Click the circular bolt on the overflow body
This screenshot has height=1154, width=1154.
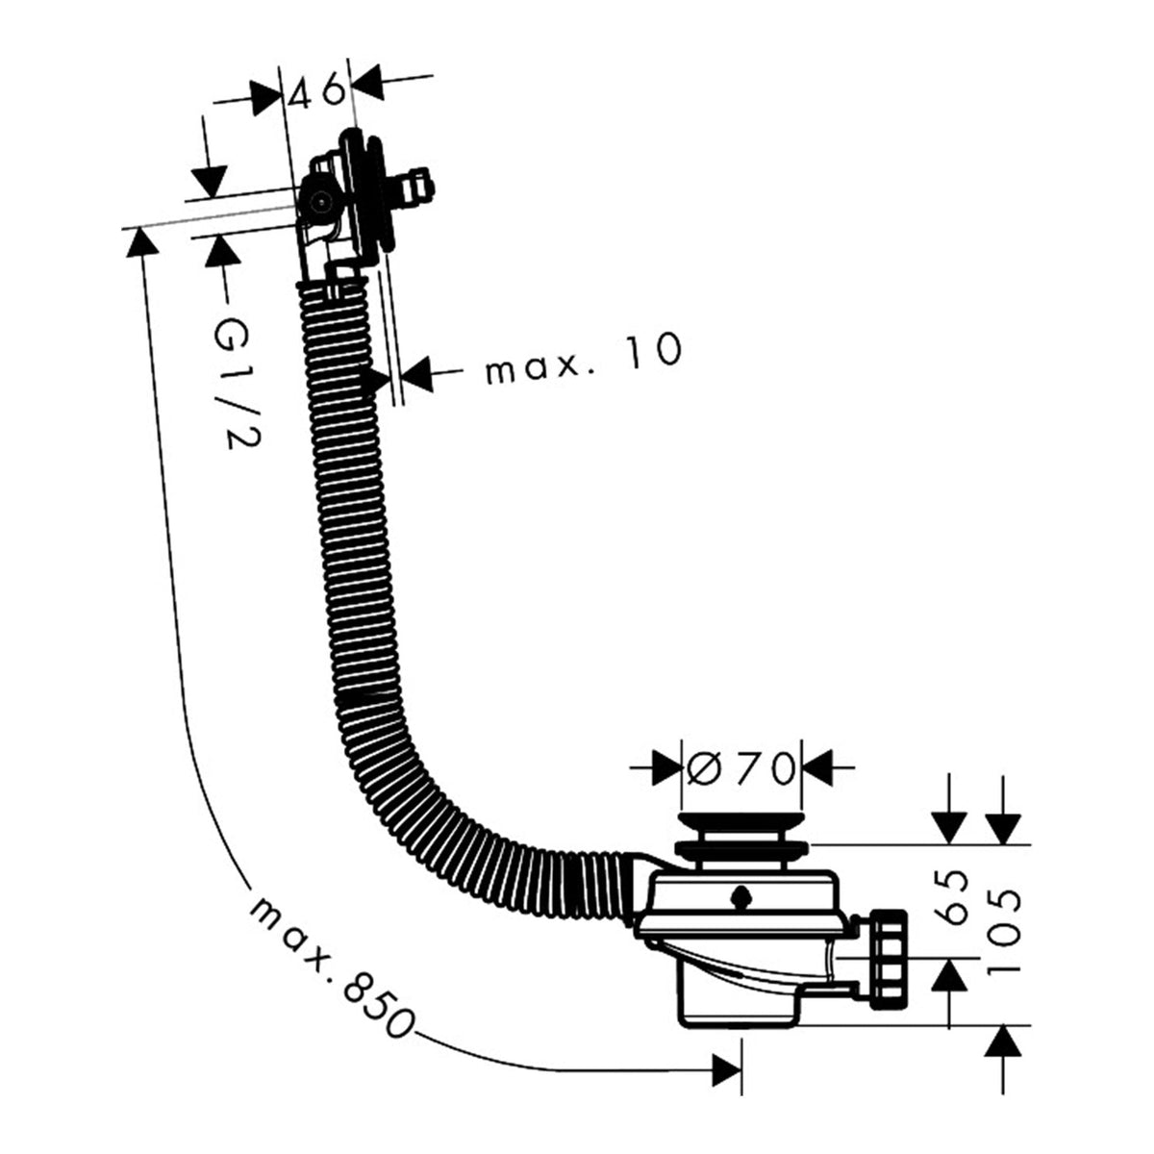tap(321, 202)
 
